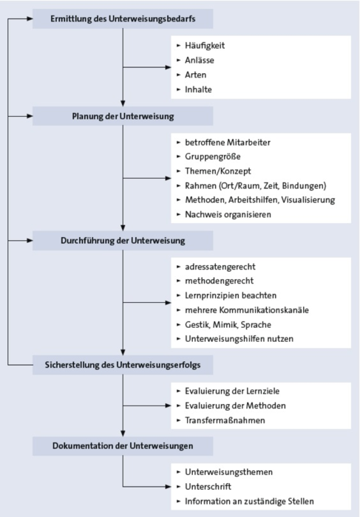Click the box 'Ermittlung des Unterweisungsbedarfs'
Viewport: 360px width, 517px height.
(123, 18)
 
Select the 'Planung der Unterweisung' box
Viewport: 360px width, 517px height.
(123, 116)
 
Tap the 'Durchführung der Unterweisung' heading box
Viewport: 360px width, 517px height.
(123, 241)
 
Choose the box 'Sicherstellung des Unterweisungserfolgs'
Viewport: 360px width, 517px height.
(123, 365)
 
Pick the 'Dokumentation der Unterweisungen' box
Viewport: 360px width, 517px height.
(123, 446)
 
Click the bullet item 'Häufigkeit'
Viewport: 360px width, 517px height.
(205, 46)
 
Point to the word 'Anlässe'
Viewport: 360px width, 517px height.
(200, 61)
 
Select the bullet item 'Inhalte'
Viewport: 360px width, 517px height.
(198, 89)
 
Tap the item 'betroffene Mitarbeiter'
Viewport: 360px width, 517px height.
(228, 143)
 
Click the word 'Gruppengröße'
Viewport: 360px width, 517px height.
(212, 157)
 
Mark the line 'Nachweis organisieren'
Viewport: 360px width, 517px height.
(228, 215)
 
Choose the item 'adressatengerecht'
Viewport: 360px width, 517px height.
(220, 267)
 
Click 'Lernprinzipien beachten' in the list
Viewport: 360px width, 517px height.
(231, 295)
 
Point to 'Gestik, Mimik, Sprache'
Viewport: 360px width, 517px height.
(228, 325)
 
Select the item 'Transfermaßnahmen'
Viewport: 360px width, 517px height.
(225, 420)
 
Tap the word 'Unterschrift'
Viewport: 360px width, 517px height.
(208, 487)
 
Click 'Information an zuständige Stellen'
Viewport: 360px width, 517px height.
(249, 501)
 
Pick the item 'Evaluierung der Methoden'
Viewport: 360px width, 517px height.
(235, 405)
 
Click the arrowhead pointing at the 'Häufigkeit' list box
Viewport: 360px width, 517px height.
(168, 67)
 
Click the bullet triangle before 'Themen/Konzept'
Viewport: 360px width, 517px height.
(178, 171)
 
